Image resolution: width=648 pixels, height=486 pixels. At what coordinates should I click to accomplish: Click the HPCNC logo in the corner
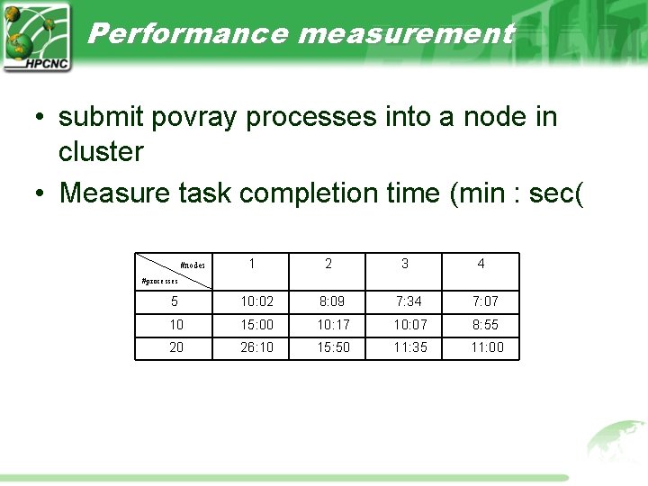point(36,37)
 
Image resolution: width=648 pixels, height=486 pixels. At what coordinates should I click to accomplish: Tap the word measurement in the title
point(405,34)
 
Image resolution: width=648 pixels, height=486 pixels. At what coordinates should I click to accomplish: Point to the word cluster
point(101,151)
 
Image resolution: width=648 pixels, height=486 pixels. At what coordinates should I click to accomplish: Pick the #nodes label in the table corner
point(193,265)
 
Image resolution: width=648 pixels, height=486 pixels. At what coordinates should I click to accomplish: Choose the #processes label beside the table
point(166,281)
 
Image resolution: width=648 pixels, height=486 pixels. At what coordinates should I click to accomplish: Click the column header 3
point(404,264)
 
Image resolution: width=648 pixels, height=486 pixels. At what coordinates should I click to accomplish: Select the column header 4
point(481,264)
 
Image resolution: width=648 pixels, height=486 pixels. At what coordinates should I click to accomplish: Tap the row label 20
point(175,347)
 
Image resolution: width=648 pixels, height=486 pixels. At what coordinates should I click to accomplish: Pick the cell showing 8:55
point(484,324)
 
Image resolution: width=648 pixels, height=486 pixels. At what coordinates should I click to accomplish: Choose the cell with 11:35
point(409,347)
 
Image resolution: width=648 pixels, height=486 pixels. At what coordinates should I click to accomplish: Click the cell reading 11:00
point(488,347)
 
